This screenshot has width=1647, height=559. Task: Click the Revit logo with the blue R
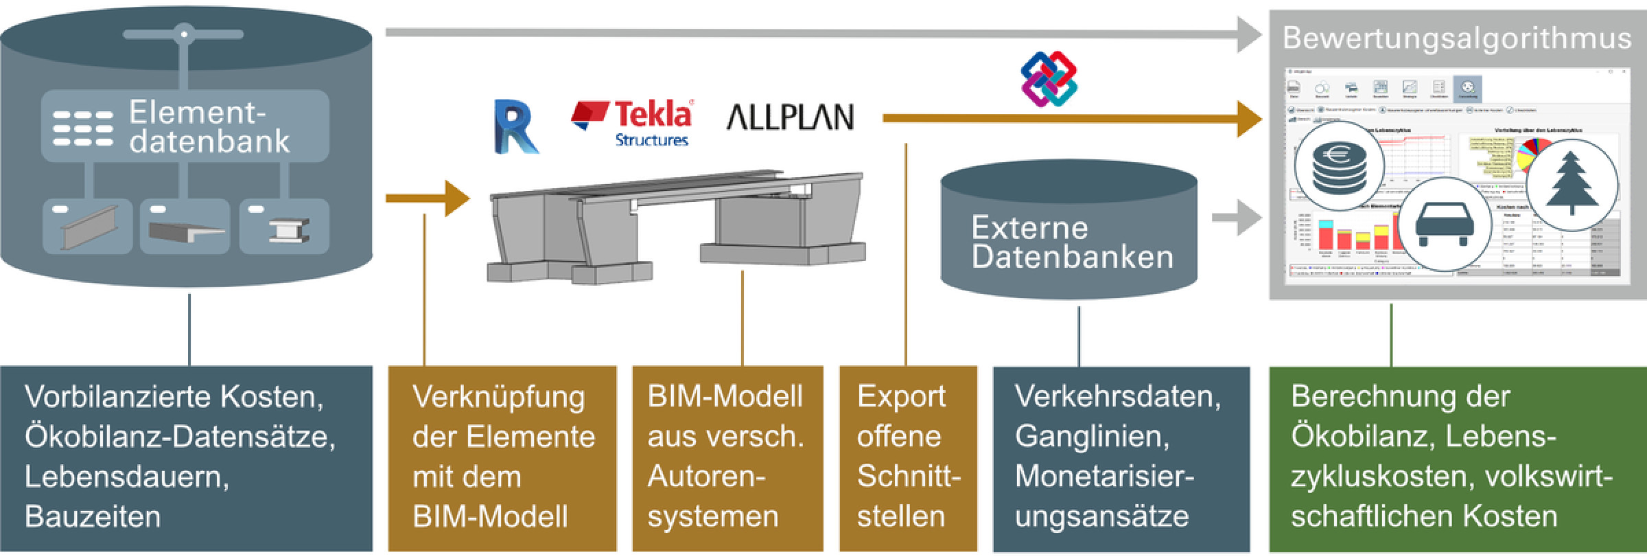tap(516, 127)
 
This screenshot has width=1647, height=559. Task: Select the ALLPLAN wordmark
tap(790, 117)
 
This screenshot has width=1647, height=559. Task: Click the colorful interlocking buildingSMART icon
tap(1049, 79)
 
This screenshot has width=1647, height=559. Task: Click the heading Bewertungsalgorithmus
tap(1456, 38)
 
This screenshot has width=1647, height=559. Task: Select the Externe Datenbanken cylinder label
tap(1071, 242)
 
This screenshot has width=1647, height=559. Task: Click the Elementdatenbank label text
tap(209, 127)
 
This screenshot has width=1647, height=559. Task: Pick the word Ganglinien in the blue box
tap(1092, 436)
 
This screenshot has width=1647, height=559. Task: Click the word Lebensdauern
tap(127, 477)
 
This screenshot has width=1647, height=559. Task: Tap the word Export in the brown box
tap(901, 396)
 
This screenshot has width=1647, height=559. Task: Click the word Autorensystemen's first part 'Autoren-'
tap(706, 477)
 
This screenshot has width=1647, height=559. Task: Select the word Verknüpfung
tap(498, 397)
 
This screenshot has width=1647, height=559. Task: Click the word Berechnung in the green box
tap(1401, 396)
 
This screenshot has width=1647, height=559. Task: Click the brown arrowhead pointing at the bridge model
tap(456, 198)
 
